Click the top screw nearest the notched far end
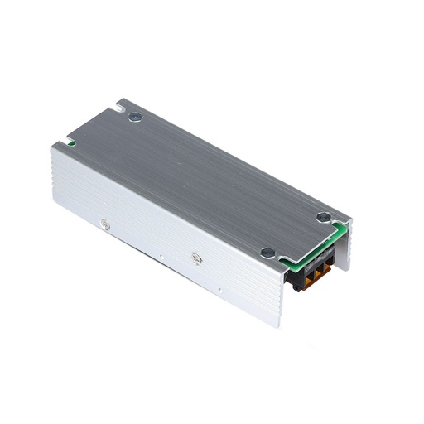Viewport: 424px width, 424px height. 135,116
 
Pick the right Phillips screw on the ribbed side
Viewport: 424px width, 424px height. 196,258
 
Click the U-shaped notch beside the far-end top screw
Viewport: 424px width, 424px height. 122,105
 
